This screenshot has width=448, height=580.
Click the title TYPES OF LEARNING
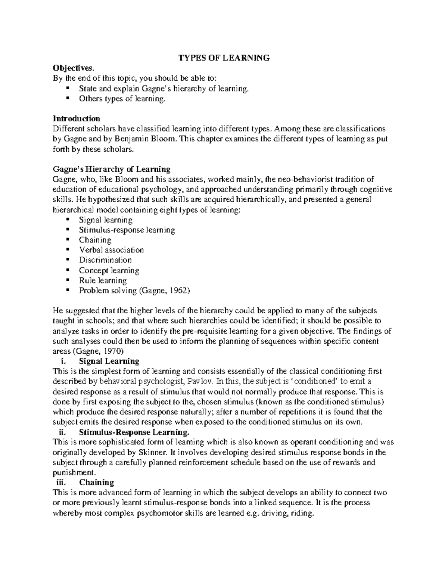(x=224, y=58)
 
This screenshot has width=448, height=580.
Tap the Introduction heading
(x=77, y=119)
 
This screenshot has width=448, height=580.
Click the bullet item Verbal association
(x=111, y=250)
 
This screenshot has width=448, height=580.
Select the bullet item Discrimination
(x=105, y=260)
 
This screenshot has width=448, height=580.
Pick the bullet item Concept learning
(x=109, y=270)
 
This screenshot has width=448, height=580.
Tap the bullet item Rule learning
(x=103, y=280)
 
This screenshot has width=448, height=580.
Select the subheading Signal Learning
(x=109, y=361)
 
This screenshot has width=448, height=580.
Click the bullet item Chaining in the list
(x=95, y=240)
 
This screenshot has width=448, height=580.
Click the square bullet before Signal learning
(x=68, y=220)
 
